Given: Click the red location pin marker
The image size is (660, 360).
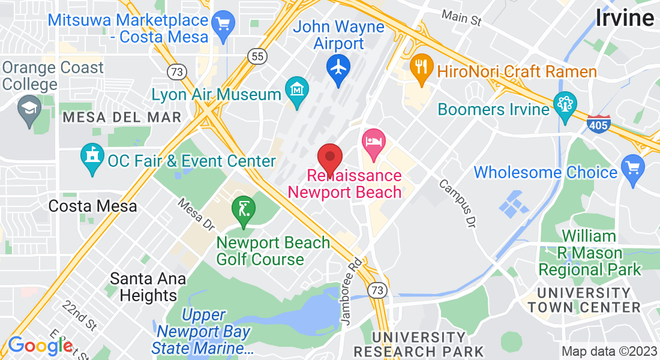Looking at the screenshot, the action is pyautogui.click(x=329, y=158).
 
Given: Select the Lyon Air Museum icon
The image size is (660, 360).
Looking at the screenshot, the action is pyautogui.click(x=297, y=90).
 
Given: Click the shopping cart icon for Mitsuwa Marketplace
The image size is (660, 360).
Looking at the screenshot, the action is pyautogui.click(x=224, y=25).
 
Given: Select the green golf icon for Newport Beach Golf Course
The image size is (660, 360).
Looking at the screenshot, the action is pyautogui.click(x=244, y=210).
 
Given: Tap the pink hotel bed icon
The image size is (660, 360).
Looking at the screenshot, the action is pyautogui.click(x=373, y=143).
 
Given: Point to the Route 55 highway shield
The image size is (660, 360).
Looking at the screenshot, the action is pyautogui.click(x=256, y=56).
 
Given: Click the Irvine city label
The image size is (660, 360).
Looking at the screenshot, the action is pyautogui.click(x=625, y=18).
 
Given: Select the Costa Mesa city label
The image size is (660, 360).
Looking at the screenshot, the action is pyautogui.click(x=92, y=206).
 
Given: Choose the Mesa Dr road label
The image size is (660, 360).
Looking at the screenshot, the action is pyautogui.click(x=196, y=215).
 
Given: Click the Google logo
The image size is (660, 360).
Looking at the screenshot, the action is pyautogui.click(x=40, y=346).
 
